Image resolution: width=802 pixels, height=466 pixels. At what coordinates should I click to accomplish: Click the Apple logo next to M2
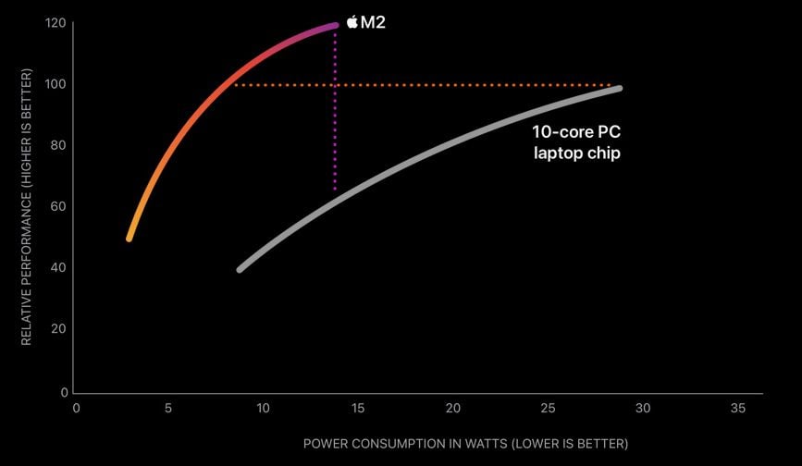click(352, 22)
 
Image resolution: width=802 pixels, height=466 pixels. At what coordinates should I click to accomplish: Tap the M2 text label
click(373, 22)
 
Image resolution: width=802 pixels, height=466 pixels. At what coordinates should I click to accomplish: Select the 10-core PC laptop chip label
click(575, 142)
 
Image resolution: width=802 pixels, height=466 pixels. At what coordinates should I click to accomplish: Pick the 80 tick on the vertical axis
click(57, 145)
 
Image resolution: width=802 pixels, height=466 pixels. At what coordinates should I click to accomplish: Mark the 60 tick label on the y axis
click(57, 206)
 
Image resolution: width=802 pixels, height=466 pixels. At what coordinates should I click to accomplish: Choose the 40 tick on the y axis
click(57, 267)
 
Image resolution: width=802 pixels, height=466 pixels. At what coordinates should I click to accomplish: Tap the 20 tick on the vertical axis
click(57, 328)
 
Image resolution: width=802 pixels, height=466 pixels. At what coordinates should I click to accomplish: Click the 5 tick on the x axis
click(167, 408)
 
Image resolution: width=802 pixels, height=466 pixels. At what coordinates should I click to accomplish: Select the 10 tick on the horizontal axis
click(263, 408)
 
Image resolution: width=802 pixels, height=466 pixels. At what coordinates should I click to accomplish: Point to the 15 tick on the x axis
click(358, 408)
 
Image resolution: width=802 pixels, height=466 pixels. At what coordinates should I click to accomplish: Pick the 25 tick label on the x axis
click(548, 408)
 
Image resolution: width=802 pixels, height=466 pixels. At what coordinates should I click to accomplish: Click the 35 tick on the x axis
click(737, 408)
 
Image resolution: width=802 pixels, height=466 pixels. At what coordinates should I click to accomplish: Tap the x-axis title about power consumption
click(465, 444)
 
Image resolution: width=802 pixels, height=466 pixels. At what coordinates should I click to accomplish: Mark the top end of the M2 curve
click(335, 25)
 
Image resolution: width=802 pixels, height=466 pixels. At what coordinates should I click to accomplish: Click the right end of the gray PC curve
click(619, 89)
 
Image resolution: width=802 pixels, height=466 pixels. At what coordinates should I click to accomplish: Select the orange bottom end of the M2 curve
click(130, 239)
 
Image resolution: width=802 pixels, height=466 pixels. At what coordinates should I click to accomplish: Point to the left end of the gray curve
click(241, 269)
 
